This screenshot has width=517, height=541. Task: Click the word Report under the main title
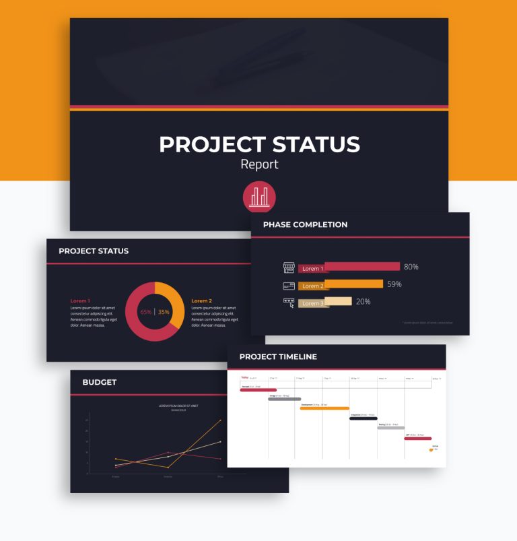pos(259,164)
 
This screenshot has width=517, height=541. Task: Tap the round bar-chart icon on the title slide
pos(259,197)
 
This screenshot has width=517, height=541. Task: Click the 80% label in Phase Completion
pos(411,267)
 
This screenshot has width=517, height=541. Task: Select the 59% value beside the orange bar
pos(394,284)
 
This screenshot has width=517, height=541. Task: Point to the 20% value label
pos(363,302)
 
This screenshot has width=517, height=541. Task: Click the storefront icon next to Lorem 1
pos(289,267)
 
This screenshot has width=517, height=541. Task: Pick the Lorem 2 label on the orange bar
pos(312,286)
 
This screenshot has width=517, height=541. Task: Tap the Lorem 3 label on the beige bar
pos(312,304)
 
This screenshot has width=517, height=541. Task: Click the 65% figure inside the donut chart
pos(145,312)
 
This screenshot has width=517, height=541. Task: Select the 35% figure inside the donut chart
pos(164,312)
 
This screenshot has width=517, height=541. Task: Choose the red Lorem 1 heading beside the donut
pos(80,300)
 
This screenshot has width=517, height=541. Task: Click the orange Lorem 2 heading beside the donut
pos(201,300)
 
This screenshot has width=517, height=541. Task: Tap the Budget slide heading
pos(100,382)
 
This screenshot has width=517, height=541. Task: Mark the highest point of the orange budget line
pos(220,421)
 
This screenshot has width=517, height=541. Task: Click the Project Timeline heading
pos(278,356)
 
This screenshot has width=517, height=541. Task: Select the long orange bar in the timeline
pos(324,408)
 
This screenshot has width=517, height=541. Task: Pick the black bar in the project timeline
pos(363,418)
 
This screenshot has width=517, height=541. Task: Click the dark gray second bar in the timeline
pos(284,399)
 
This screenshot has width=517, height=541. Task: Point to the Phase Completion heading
pos(305,224)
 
